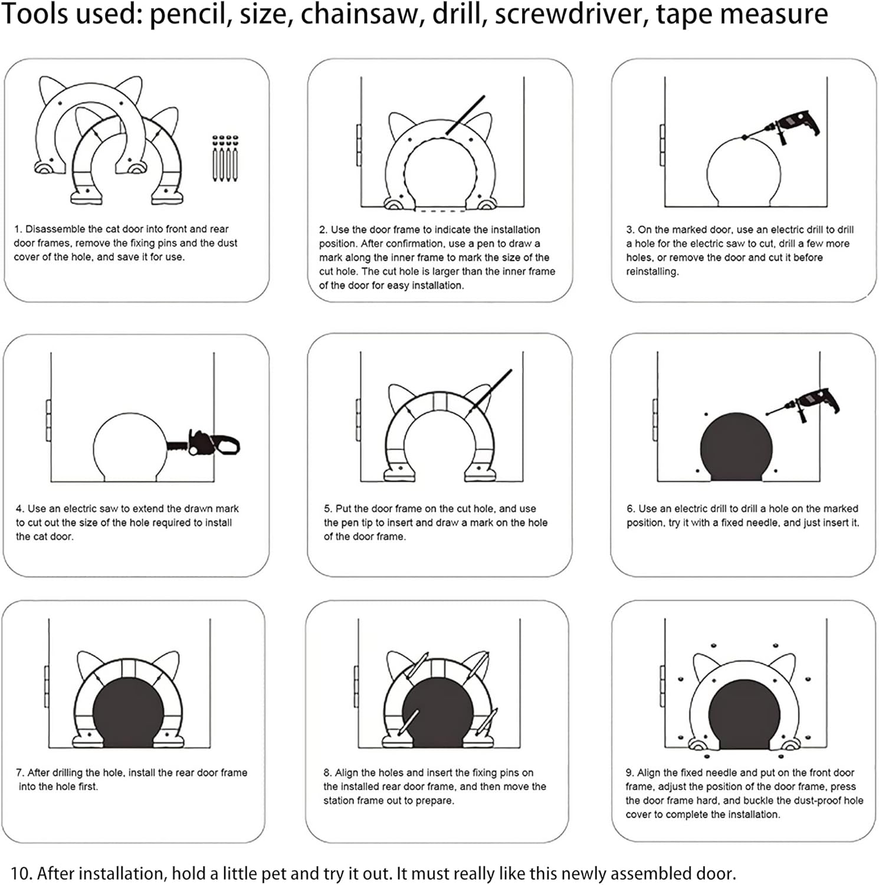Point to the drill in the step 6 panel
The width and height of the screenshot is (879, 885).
(802, 404)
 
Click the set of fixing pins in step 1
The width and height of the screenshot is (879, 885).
(225, 158)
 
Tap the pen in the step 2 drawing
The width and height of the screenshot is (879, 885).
(465, 116)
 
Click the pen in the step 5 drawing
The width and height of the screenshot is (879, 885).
(491, 389)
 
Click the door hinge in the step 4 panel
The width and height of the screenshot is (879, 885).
(48, 421)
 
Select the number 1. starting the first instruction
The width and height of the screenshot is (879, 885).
(18, 229)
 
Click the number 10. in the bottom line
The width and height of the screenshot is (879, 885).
(21, 873)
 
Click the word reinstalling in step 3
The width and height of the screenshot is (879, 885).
(652, 272)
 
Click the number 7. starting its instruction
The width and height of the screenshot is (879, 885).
(20, 773)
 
